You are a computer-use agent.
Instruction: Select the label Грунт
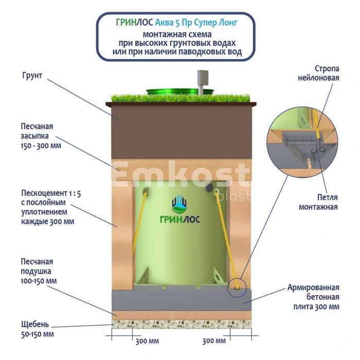[x=32, y=76]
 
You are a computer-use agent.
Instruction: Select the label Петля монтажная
[x=319, y=202]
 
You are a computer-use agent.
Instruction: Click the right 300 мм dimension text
[x=214, y=341]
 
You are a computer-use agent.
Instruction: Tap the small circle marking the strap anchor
[x=236, y=284]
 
